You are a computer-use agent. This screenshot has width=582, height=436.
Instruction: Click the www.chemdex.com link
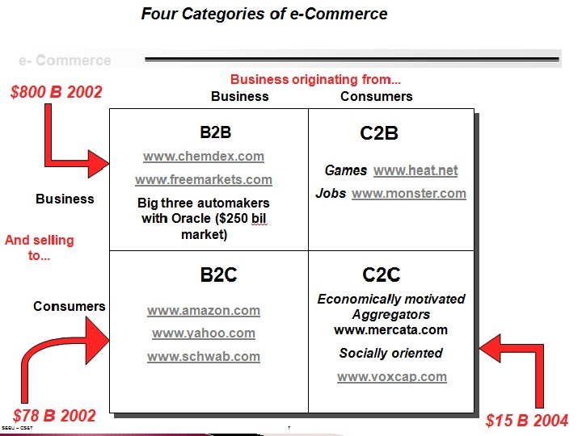(x=204, y=156)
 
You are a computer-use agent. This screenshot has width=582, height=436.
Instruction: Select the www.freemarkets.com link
(x=204, y=179)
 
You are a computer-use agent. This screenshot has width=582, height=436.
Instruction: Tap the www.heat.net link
(x=415, y=170)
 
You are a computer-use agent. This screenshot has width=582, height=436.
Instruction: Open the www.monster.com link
(x=409, y=194)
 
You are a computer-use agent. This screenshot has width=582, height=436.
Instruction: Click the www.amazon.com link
(x=204, y=310)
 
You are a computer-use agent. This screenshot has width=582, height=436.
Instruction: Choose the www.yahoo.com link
(x=204, y=333)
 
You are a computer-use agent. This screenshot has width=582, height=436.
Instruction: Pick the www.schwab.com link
(x=204, y=356)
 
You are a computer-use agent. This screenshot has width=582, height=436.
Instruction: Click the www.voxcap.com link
(x=391, y=376)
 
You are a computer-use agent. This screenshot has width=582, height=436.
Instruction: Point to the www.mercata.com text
(x=390, y=329)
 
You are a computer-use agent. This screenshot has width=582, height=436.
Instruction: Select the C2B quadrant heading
(x=378, y=133)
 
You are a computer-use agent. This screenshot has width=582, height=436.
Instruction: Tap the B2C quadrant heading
(x=218, y=275)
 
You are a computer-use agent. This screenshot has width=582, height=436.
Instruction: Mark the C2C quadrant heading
(x=382, y=275)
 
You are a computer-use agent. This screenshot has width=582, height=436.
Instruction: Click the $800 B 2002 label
(x=57, y=92)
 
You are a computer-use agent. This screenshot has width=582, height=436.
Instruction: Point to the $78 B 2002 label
(x=54, y=417)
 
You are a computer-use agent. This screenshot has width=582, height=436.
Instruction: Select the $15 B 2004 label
(x=527, y=421)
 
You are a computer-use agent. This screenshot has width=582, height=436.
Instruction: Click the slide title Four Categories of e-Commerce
(x=264, y=14)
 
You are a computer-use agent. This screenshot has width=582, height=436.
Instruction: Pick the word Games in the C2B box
(x=346, y=170)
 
